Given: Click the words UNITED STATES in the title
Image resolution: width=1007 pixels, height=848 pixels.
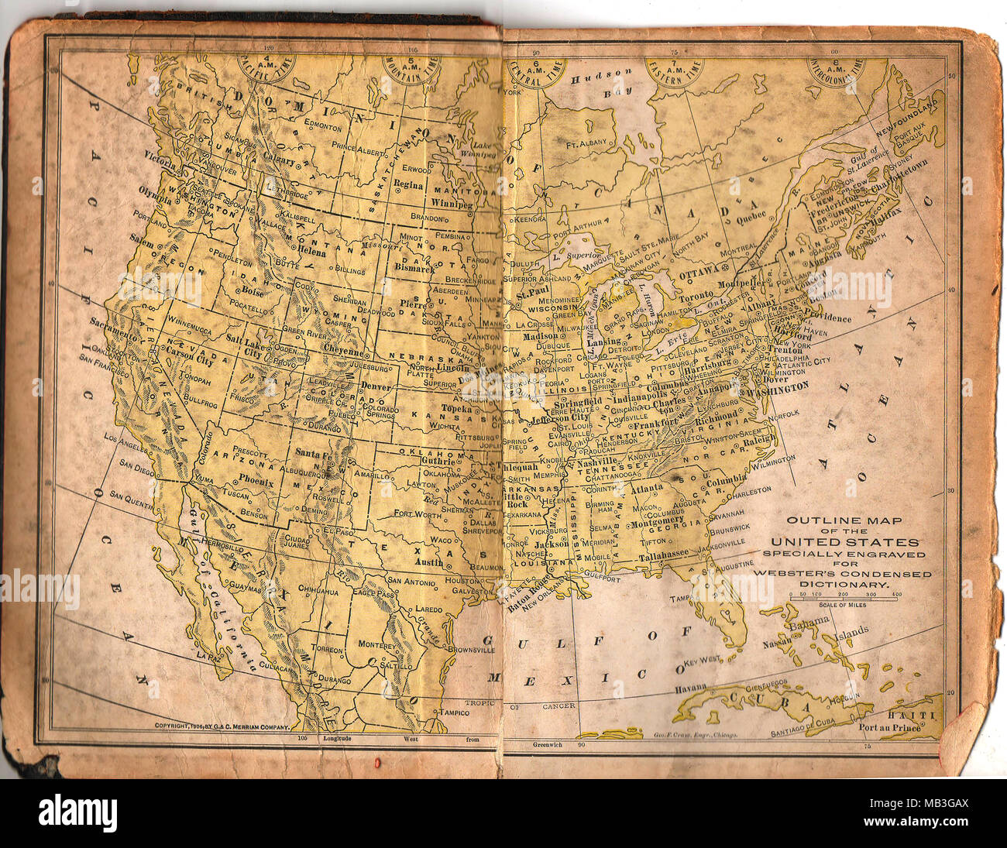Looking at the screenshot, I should click(844, 542).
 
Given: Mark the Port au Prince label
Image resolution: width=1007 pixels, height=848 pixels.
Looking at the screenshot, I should click(890, 726).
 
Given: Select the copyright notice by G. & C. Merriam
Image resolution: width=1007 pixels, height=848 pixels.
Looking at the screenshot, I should click(222, 727).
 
